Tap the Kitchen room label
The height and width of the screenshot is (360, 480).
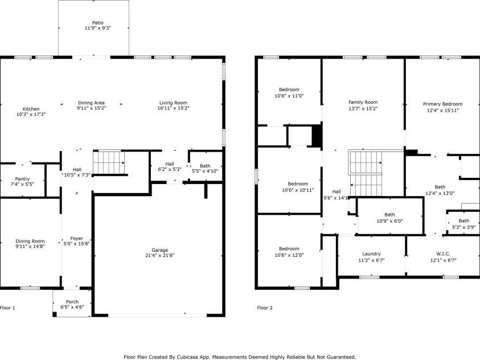(31, 109)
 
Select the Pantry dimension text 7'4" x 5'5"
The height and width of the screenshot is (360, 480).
(22, 185)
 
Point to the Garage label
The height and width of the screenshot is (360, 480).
(159, 250)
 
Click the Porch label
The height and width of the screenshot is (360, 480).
(72, 302)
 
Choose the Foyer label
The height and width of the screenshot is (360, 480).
(76, 238)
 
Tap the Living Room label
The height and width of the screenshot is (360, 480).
(173, 103)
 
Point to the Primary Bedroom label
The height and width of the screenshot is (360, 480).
(442, 104)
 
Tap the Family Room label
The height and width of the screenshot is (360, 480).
(363, 103)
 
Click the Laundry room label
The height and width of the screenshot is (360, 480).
(371, 254)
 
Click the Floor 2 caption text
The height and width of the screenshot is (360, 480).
(265, 308)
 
